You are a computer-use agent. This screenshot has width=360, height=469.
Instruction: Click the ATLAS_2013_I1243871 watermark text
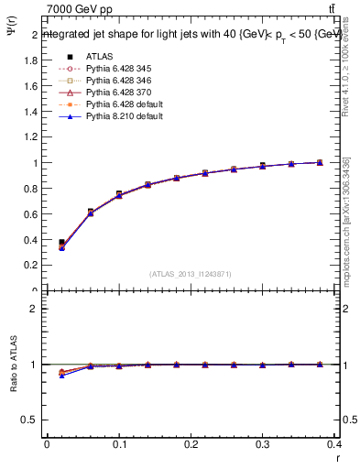[191, 274]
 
